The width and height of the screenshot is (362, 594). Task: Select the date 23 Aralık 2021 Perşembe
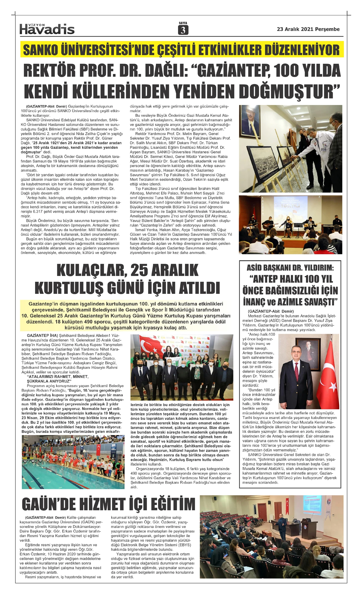coord(308,29)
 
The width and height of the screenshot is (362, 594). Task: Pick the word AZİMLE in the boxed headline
coord(305,301)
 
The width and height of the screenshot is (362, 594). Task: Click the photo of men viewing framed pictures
coord(290,148)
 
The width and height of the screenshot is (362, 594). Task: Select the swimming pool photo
coord(73,462)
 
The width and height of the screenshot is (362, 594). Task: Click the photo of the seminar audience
coord(271,537)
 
